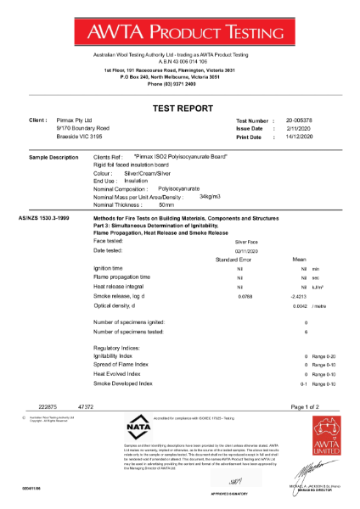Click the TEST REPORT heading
pos(180,109)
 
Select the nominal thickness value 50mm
pos(166,204)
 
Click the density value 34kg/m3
pos(210,196)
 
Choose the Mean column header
pos(299,259)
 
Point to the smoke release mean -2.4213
pos(297,297)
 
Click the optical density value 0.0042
pos(299,306)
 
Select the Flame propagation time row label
pos(122,277)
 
